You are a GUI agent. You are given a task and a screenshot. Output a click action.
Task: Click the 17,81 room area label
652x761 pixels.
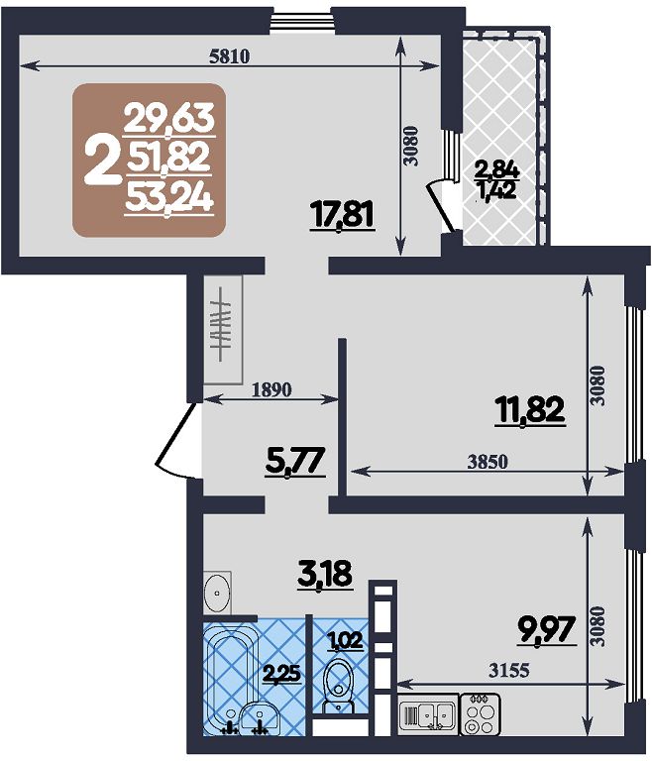(343, 215)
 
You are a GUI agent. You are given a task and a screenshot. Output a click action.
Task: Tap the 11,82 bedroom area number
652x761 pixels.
(530, 410)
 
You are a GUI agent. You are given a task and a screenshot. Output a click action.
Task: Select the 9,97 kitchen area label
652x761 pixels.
(548, 629)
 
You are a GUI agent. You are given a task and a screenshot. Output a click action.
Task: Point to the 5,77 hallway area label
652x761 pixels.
(295, 461)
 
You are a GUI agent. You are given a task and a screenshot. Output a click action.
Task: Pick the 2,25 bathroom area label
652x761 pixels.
(281, 674)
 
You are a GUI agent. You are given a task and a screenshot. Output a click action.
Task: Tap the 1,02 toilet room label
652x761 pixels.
(346, 642)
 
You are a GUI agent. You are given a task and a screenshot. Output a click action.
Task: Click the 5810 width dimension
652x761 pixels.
(229, 56)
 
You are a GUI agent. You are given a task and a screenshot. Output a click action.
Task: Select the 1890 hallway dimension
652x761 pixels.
(272, 389)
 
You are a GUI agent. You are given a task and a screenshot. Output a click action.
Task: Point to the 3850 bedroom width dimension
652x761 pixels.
(488, 462)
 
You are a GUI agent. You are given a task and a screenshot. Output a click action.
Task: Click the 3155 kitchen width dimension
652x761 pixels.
(509, 671)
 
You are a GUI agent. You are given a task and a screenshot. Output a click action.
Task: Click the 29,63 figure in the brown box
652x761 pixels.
(169, 118)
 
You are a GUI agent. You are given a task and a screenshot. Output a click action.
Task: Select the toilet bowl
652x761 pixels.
(338, 686)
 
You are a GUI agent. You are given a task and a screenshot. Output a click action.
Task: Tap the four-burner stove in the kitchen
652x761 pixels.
(481, 713)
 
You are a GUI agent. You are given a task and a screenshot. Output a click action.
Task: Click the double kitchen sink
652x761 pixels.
(429, 713)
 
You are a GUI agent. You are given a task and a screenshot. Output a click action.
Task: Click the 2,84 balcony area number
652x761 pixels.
(497, 170)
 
